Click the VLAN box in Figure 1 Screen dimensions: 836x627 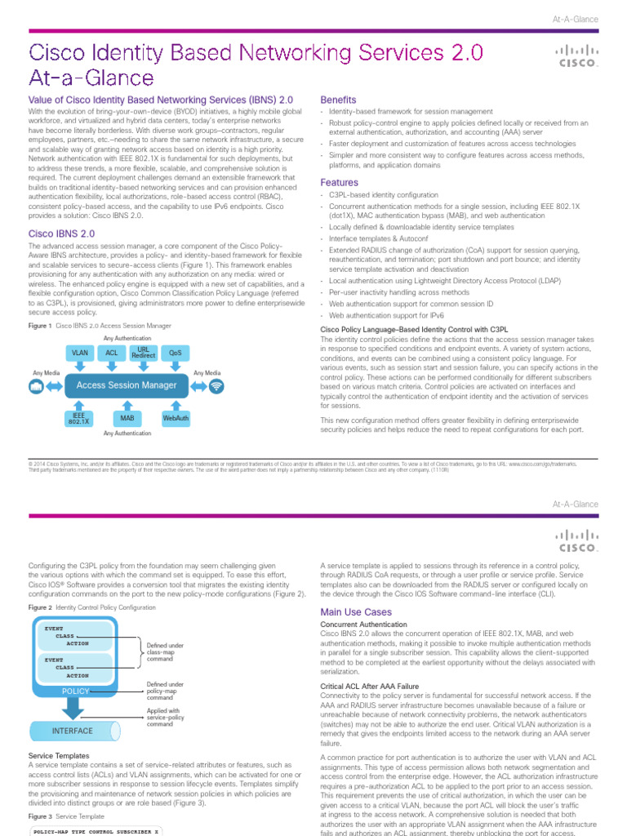click(x=80, y=354)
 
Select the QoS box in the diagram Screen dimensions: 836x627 click(x=174, y=354)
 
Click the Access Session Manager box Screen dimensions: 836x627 click(x=127, y=385)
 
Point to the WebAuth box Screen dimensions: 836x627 click(x=176, y=418)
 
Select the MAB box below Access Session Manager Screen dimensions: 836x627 click(x=127, y=418)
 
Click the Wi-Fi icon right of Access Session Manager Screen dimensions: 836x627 click(x=216, y=386)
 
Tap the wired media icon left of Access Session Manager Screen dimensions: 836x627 click(x=37, y=386)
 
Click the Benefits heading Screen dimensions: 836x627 click(x=338, y=99)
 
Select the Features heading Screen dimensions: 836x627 click(x=339, y=183)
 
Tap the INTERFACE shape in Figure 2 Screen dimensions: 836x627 click(x=72, y=730)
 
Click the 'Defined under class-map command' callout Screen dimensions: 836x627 click(x=165, y=651)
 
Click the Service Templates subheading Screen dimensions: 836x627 click(x=60, y=756)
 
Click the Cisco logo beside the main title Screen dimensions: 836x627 click(x=576, y=56)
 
